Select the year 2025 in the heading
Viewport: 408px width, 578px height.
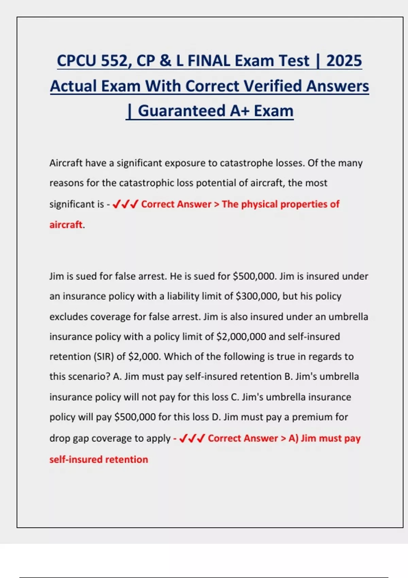344,61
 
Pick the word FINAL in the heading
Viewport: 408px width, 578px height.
209,61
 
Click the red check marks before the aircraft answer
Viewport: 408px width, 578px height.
125,204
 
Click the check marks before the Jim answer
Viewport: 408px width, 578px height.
192,438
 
